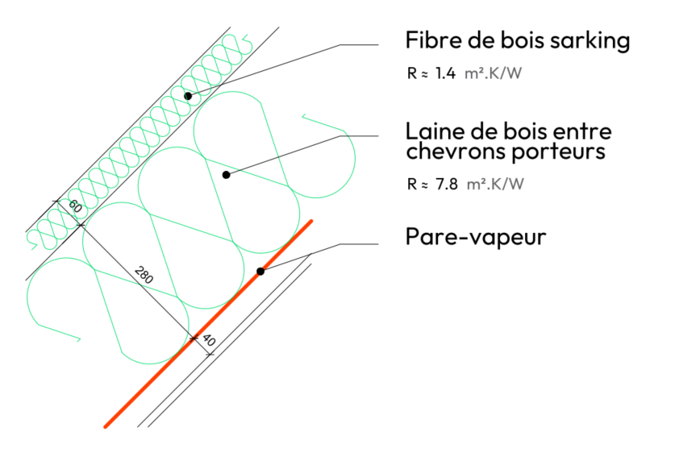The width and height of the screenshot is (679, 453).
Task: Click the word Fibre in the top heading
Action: [430, 41]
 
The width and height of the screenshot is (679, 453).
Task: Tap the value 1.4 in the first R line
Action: [445, 74]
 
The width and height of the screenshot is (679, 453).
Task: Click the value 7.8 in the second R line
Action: [446, 184]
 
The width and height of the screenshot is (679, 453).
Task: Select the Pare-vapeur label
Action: [476, 238]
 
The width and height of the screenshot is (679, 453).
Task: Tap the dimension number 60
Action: [75, 206]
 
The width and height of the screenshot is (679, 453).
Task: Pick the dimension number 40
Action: [207, 341]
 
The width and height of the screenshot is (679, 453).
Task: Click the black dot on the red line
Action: [260, 271]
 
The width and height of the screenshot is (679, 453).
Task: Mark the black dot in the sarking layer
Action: [188, 96]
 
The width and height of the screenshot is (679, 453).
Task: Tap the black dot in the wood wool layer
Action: [227, 174]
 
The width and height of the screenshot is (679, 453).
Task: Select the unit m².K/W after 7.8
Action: [496, 184]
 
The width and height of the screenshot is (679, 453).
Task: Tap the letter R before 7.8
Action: [413, 184]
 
